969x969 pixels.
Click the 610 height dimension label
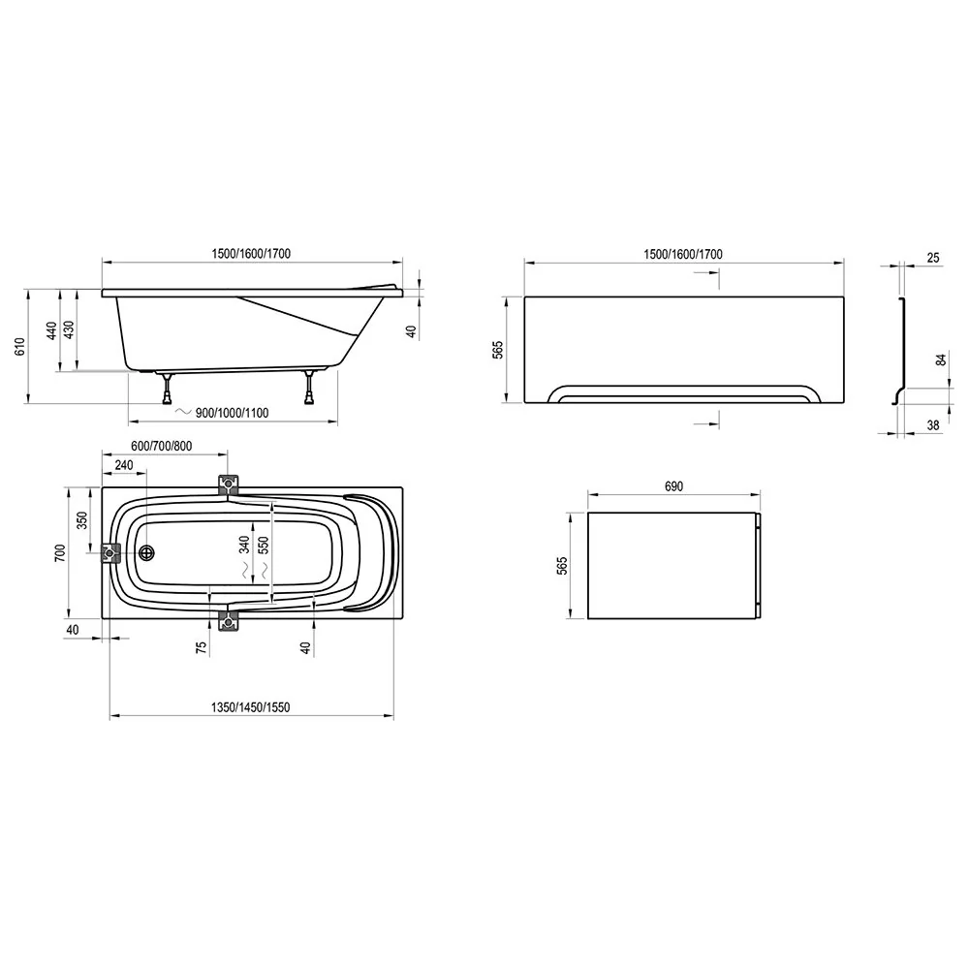20,346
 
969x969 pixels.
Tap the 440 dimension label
52,330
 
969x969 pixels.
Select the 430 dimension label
69,330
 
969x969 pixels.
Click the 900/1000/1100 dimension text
232,413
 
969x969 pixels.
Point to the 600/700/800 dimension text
162,446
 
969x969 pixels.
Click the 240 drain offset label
124,465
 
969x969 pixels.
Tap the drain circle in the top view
147,553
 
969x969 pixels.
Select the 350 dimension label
81,519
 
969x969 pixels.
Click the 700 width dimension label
59,552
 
